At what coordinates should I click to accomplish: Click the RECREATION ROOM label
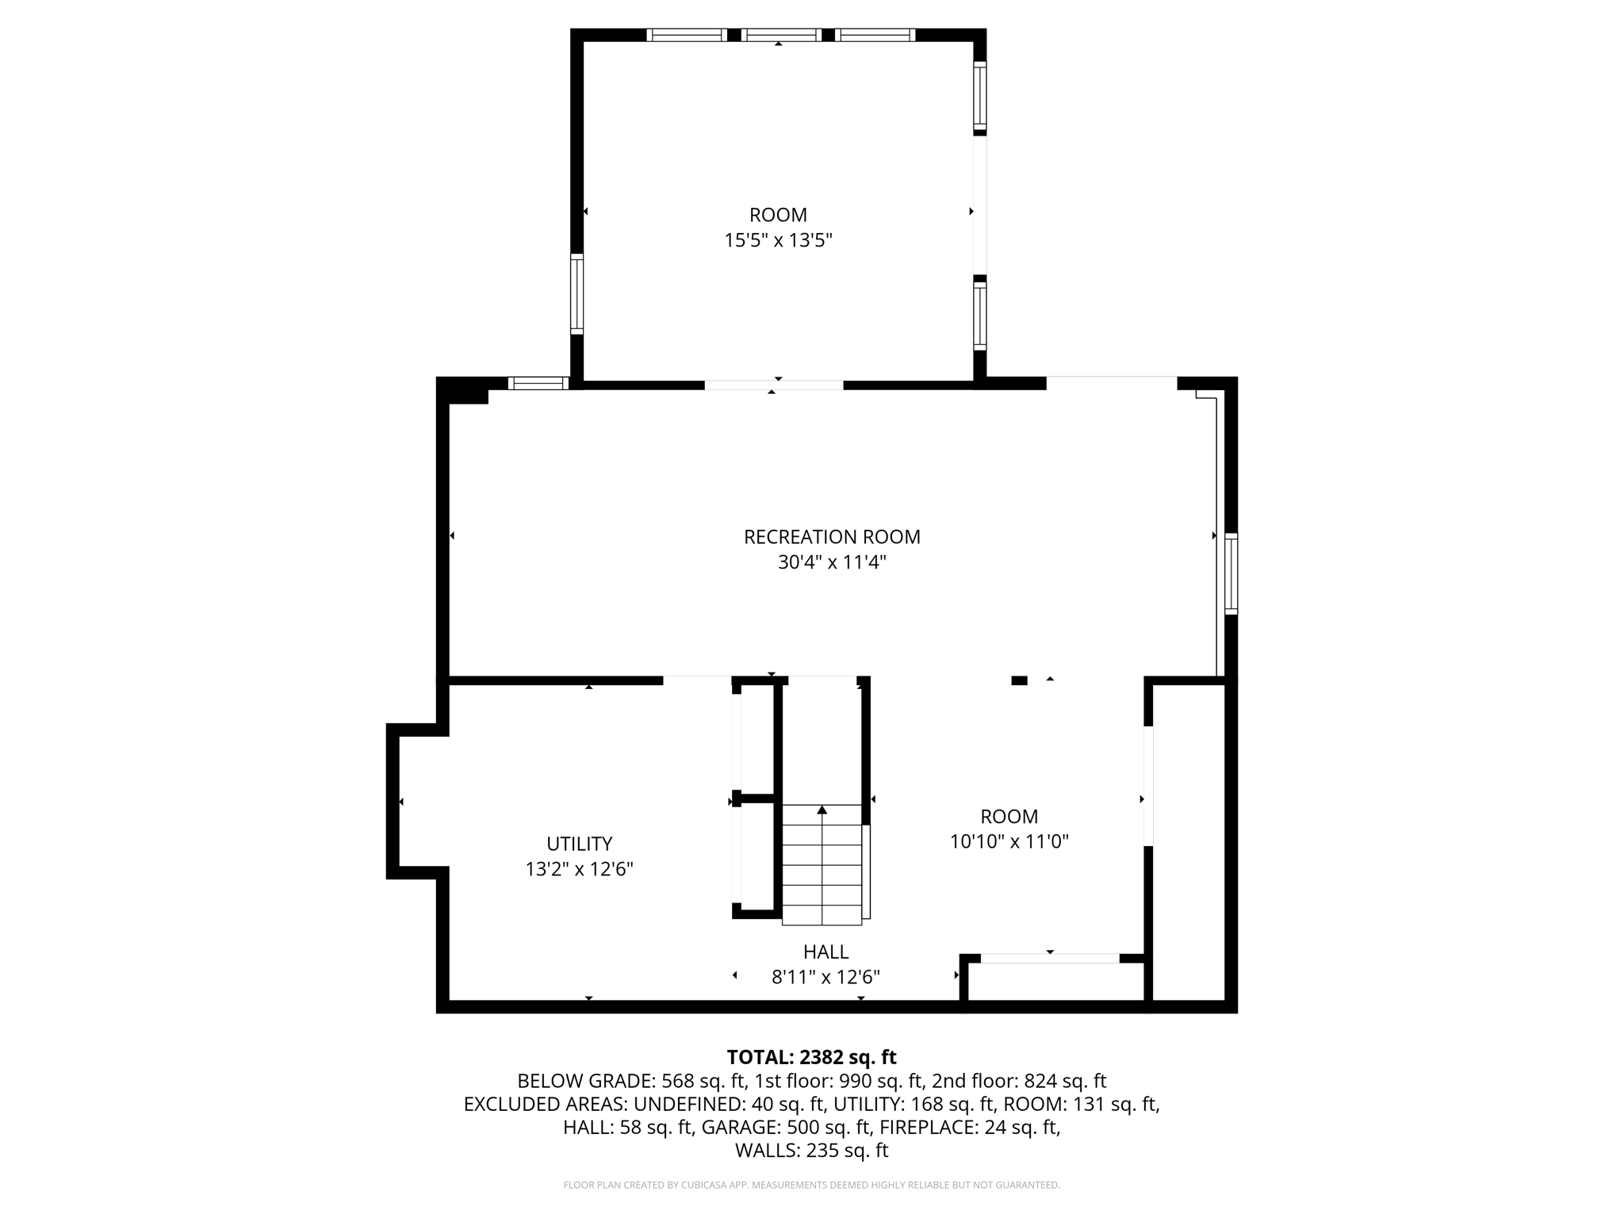pos(831,537)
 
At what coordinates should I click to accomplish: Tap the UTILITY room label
pos(579,844)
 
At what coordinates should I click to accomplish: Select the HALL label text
pos(825,952)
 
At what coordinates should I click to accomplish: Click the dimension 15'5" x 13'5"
pos(778,240)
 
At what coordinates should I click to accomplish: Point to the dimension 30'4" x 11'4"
pos(831,562)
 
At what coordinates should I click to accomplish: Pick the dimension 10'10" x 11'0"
pos(1009,841)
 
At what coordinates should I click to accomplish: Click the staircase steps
pos(822,872)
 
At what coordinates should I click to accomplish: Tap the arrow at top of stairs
pos(822,810)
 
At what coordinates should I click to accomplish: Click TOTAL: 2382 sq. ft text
pos(811,1057)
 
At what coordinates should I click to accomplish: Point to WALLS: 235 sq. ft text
pos(811,1150)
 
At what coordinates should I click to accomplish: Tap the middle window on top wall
pos(782,35)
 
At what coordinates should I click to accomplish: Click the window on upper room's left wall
pos(576,293)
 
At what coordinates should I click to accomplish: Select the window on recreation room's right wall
pos(1231,574)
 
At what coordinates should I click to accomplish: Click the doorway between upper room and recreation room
pos(773,385)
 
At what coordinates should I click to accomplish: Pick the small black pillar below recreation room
pos(1019,680)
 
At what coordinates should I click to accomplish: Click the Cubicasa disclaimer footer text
pos(811,1185)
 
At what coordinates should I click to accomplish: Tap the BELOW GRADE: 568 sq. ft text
pos(631,1081)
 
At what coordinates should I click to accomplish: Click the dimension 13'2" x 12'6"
pos(579,869)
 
